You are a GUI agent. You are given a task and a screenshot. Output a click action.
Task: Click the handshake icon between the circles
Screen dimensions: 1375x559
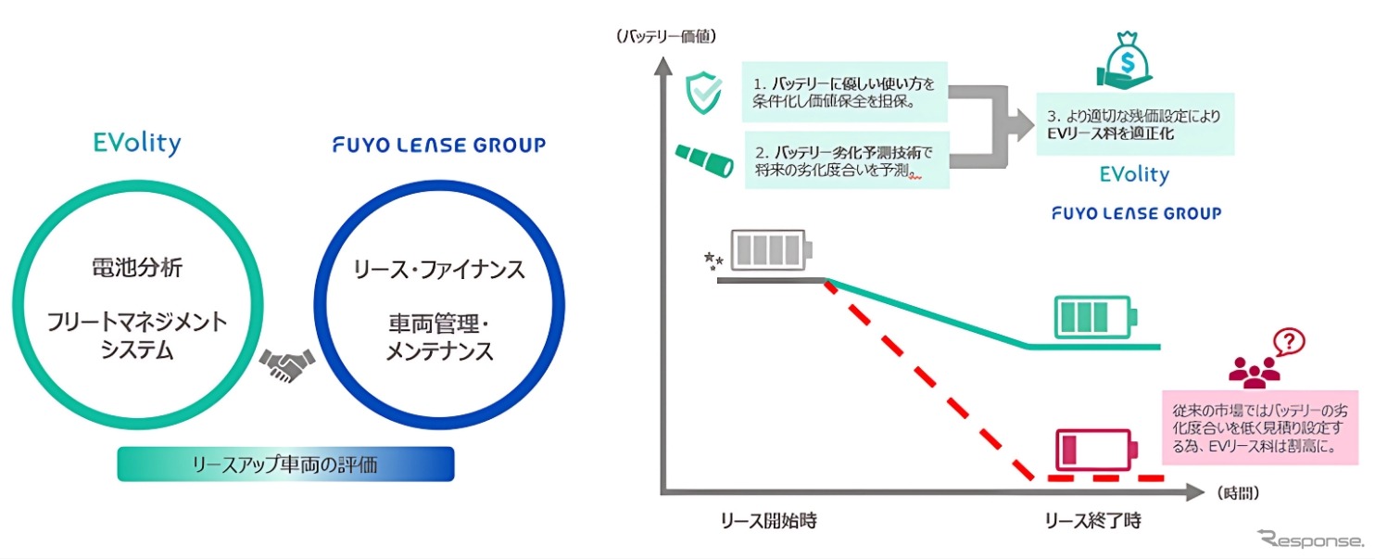pos(286,365)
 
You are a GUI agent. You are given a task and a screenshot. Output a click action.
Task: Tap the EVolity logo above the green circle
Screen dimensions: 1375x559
pos(137,143)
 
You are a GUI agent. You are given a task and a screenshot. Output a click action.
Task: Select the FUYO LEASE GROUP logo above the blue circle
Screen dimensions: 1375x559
pos(439,145)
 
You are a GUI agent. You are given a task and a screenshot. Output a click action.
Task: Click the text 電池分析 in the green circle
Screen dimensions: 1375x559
pos(137,268)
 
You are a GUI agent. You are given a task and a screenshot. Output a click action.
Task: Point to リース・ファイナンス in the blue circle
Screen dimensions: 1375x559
pos(439,270)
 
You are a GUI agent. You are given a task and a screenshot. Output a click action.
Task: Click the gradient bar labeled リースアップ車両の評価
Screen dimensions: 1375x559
pos(286,464)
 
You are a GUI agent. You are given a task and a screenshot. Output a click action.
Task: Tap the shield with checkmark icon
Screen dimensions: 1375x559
pos(703,93)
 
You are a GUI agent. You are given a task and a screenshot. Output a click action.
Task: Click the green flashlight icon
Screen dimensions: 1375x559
pos(705,160)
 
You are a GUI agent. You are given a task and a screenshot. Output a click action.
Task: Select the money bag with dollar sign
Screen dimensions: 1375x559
pos(1125,59)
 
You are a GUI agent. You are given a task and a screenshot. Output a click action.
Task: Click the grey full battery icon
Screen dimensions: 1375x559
pos(772,250)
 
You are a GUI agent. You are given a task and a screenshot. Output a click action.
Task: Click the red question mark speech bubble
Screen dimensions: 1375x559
pos(1289,342)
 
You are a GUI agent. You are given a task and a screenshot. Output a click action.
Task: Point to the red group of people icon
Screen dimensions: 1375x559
pos(1254,373)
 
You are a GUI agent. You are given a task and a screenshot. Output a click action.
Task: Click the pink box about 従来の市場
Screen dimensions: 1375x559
pos(1259,427)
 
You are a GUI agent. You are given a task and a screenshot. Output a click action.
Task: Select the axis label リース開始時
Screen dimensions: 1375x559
pos(768,521)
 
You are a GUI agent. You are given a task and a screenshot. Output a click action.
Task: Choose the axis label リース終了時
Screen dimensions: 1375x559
pos(1092,521)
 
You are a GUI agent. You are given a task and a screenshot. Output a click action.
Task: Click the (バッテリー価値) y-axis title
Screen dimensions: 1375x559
pos(666,36)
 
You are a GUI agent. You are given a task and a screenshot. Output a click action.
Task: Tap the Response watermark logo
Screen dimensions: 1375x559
pos(1310,539)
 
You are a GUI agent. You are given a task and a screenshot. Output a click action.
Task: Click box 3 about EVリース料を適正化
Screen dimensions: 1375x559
pos(1135,124)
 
